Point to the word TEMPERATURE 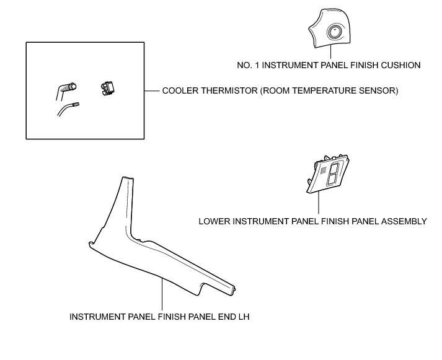(325, 90)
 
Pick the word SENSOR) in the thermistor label (378, 90)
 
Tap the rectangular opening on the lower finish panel (332, 173)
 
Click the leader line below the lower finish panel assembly (318, 203)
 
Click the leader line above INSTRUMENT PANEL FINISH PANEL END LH (162, 294)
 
